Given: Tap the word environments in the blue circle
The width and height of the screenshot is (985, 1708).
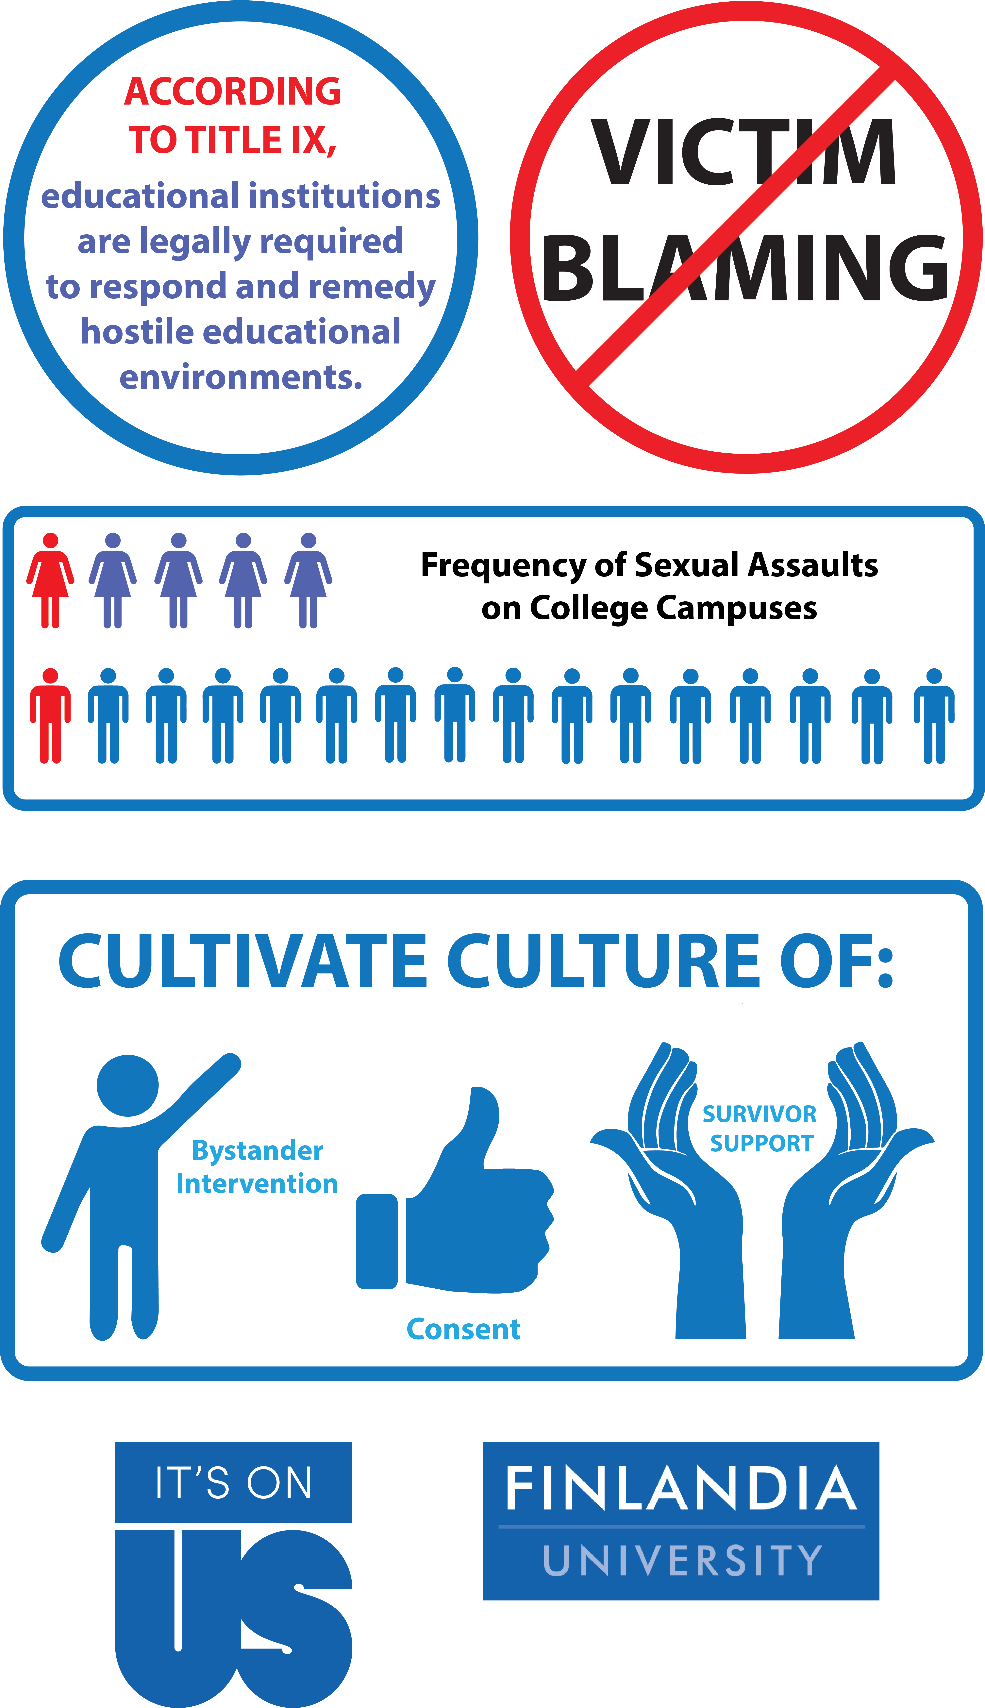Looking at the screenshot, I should [x=241, y=377].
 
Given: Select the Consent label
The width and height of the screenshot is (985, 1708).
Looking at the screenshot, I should [x=463, y=1329].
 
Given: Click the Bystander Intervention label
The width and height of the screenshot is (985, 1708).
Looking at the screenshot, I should [x=257, y=1167].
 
